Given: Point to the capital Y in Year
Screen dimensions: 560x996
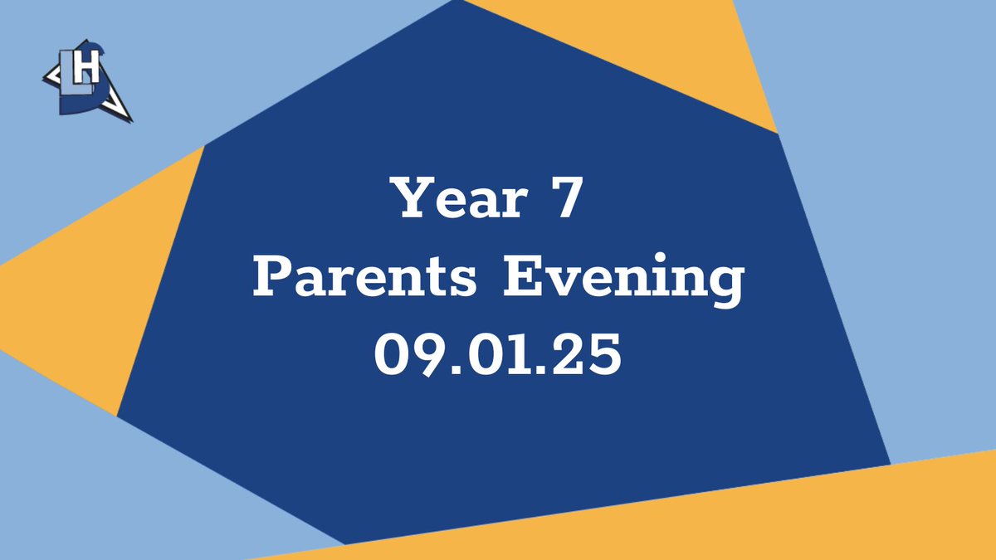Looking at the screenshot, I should [x=413, y=199].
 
